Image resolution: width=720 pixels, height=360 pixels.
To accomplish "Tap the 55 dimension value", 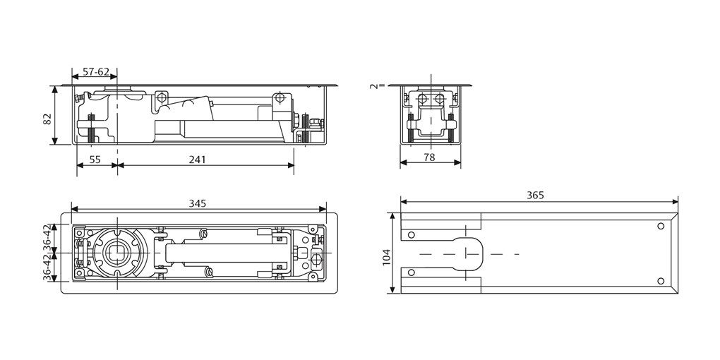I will [x=95, y=160].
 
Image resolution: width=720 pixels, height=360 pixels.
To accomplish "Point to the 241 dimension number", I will [x=197, y=160].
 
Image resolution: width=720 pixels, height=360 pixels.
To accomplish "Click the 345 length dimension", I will [x=197, y=203].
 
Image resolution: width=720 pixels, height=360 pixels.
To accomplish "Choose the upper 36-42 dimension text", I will [x=47, y=236].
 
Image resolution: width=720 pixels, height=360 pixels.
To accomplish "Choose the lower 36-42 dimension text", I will [x=47, y=269].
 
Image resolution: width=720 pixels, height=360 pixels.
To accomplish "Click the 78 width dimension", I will [x=429, y=157].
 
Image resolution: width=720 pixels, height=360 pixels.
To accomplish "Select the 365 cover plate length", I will [x=536, y=196].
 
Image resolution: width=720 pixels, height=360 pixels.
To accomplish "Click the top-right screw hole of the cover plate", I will [x=660, y=226].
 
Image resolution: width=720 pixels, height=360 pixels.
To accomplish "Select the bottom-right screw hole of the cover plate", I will [x=660, y=280].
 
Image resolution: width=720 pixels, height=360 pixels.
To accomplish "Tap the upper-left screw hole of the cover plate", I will [x=413, y=233].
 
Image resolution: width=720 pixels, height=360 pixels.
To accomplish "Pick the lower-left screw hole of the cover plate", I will [x=413, y=273].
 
